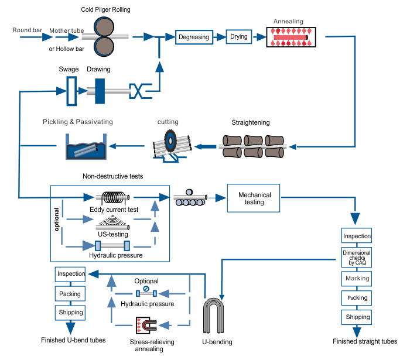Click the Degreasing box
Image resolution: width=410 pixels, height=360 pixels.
tap(193, 37)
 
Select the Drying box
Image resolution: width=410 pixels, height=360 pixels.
tap(239, 37)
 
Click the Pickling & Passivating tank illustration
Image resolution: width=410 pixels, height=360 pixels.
tap(86, 147)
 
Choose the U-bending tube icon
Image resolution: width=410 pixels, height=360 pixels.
tap(217, 315)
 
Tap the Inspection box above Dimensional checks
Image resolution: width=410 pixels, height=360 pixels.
tap(357, 236)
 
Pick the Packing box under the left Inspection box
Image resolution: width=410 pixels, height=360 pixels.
tap(70, 293)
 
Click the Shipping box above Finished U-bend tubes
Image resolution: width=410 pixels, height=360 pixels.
tap(70, 312)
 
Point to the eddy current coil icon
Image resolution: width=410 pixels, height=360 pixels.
tap(115, 198)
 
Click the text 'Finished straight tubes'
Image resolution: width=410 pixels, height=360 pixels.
tap(365, 341)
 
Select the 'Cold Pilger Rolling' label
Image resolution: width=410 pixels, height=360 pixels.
tap(106, 9)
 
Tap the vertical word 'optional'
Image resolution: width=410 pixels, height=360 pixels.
tap(57, 219)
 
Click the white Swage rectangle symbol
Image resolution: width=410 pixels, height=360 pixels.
tap(71, 91)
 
